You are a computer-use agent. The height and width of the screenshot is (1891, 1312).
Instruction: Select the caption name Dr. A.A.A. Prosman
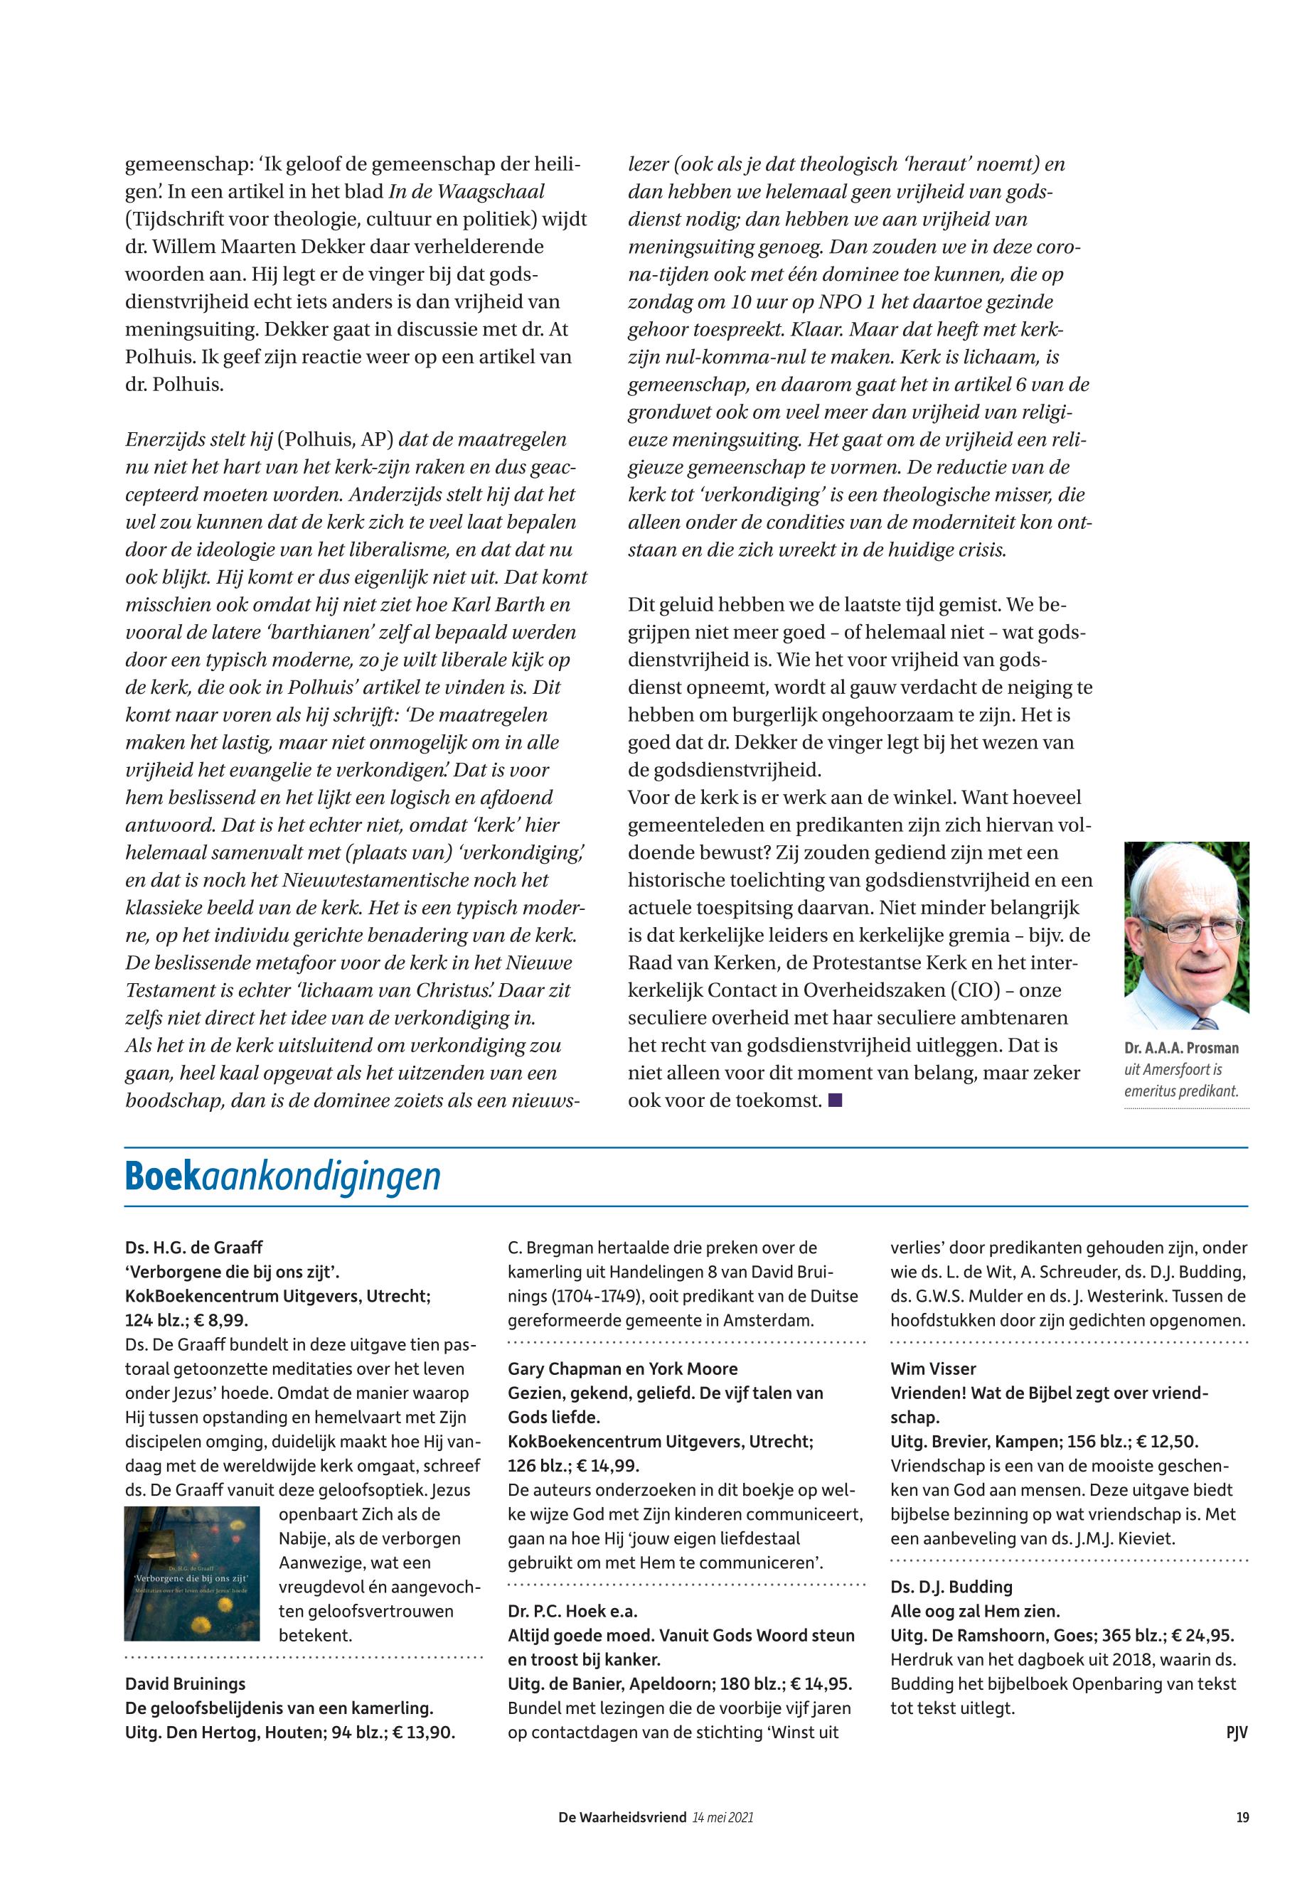click(x=1180, y=1048)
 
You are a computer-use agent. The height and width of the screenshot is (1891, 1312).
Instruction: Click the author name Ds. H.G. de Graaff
click(x=194, y=1248)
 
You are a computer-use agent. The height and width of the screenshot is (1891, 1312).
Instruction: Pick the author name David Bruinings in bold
click(x=185, y=1684)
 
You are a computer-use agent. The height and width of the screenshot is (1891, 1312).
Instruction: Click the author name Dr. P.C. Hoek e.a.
click(x=572, y=1611)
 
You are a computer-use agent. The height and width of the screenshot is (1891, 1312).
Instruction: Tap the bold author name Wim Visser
click(x=933, y=1368)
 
